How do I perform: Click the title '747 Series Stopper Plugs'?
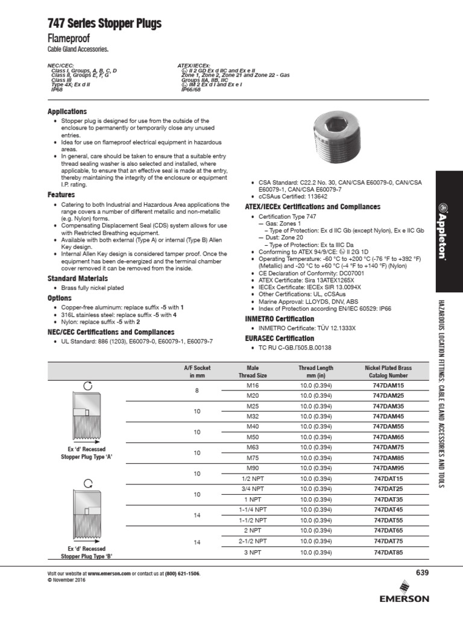[x=104, y=24]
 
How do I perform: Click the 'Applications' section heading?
[x=67, y=111]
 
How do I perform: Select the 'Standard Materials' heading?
[x=78, y=278]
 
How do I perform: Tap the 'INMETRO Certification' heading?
[x=279, y=319]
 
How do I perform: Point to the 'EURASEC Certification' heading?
[x=280, y=339]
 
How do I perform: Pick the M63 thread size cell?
[x=253, y=447]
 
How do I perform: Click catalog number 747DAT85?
[x=388, y=552]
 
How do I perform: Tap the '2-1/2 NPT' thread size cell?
[x=253, y=542]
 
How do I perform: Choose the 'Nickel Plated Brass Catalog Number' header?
[x=388, y=371]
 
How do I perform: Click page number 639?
[x=421, y=572]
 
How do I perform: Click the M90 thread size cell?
[x=253, y=468]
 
